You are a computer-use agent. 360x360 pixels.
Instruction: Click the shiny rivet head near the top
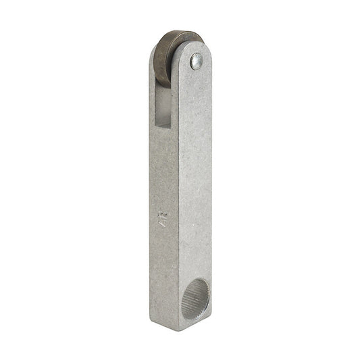[x=195, y=62]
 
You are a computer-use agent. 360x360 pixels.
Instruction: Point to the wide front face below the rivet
[x=196, y=169]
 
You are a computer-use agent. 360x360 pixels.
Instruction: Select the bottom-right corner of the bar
[x=211, y=323]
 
